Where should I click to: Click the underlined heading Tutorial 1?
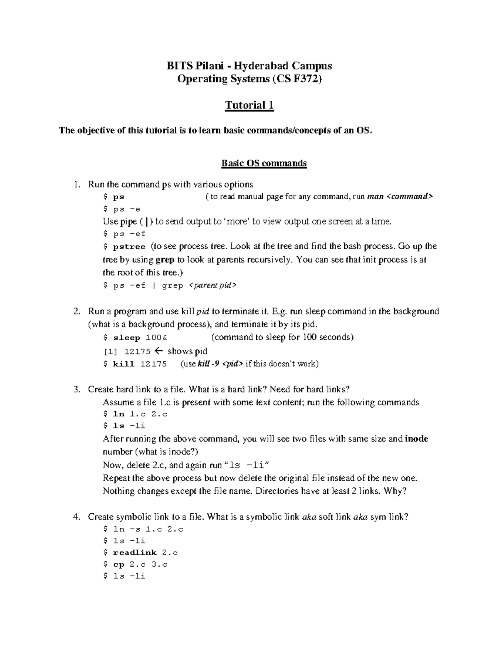[x=249, y=105]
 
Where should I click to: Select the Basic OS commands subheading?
[x=264, y=163]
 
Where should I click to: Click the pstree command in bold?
[x=129, y=247]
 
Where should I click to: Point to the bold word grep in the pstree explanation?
[x=165, y=260]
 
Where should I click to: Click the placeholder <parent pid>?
[x=212, y=285]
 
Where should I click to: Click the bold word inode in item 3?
[x=416, y=439]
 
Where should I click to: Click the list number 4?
[x=76, y=517]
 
